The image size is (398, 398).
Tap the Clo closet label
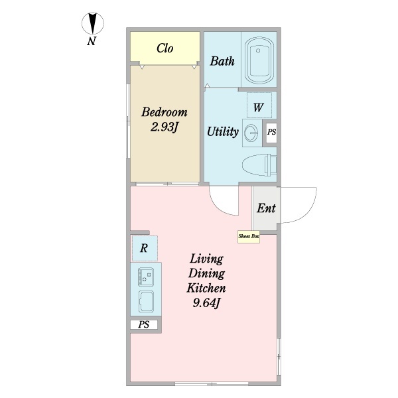click(165, 48)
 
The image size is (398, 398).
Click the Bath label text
click(222, 62)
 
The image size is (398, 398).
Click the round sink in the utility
click(253, 131)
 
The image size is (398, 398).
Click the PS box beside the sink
click(271, 132)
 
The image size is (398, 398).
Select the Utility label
click(222, 131)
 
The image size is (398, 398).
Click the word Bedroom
click(164, 112)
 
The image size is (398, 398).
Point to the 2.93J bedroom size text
click(164, 127)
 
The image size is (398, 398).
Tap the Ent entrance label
click(266, 208)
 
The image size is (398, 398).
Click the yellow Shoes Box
click(249, 236)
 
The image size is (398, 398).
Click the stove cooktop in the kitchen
click(145, 275)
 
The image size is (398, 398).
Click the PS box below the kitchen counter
click(144, 325)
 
